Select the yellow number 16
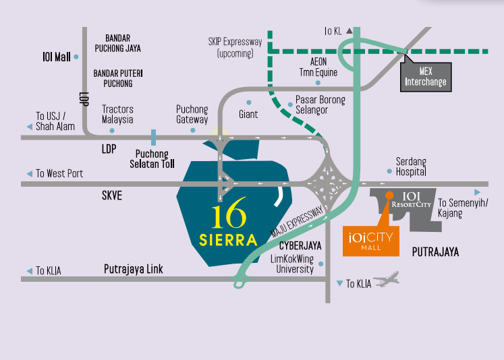click(229, 218)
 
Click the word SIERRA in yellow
click(228, 239)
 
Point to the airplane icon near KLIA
click(385, 279)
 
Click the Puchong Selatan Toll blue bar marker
click(154, 138)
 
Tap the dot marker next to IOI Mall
click(76, 57)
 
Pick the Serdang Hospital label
click(412, 167)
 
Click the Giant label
click(248, 115)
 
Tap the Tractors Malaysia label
click(117, 114)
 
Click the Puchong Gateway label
click(192, 114)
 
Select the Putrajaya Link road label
click(134, 270)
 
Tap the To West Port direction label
click(59, 174)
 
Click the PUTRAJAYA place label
click(435, 252)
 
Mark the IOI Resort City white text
click(412, 200)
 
